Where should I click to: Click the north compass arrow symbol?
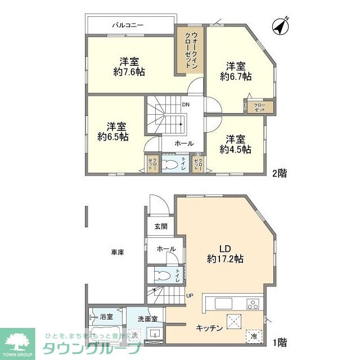tap(280, 26)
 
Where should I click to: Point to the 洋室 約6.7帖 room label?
tap(235, 70)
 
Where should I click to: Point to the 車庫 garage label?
tap(117, 253)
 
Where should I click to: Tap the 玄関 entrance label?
tap(161, 227)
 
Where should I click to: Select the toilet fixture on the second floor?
tap(170, 165)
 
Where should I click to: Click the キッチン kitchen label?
tap(209, 328)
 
